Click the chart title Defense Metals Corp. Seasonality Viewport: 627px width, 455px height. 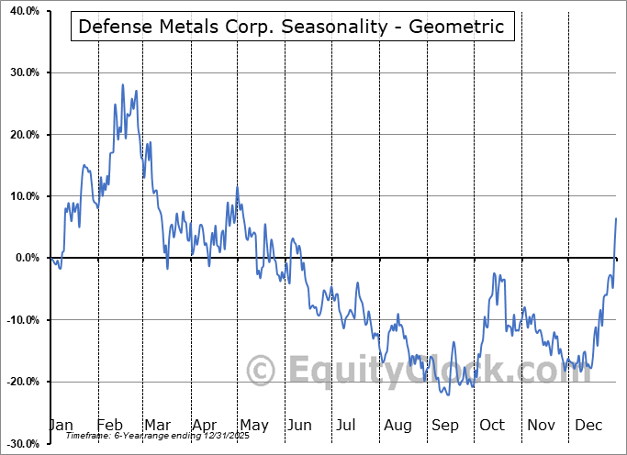click(x=291, y=27)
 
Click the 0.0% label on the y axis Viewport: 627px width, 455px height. click(x=23, y=259)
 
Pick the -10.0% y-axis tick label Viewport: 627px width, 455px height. click(x=19, y=320)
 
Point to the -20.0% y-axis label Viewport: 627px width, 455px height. click(x=19, y=382)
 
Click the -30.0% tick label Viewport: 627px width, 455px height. click(x=19, y=444)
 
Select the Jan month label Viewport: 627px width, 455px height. click(x=61, y=425)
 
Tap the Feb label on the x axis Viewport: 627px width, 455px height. click(x=110, y=425)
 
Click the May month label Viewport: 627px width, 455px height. click(x=253, y=425)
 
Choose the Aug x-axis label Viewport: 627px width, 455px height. click(x=397, y=425)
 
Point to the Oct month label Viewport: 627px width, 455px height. click(x=492, y=425)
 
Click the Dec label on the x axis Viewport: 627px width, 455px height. click(x=588, y=425)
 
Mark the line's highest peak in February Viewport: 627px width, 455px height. click(x=123, y=84)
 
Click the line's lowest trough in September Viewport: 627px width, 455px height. click(x=446, y=395)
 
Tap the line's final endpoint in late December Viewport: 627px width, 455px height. click(x=616, y=218)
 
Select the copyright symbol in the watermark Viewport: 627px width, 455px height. click(x=262, y=372)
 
